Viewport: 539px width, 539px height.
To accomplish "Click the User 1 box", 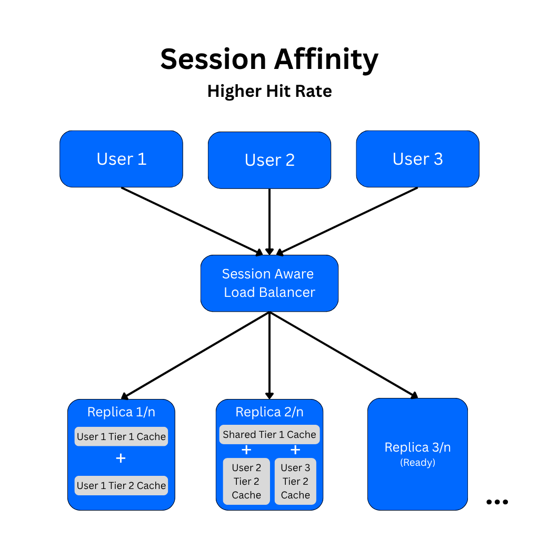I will tap(121, 159).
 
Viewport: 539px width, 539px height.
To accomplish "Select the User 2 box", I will tap(269, 160).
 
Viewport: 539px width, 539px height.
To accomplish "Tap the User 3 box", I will tap(417, 159).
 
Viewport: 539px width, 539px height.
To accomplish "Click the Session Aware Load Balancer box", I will tap(269, 283).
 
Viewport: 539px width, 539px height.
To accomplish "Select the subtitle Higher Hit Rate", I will tap(269, 91).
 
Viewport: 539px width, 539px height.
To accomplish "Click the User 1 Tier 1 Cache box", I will tap(121, 436).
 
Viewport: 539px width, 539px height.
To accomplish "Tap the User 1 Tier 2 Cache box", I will tap(121, 485).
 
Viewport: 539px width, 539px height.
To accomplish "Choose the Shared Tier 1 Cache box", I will tap(269, 434).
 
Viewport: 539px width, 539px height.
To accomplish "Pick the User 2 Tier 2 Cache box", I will tap(246, 481).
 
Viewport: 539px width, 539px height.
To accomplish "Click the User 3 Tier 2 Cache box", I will tap(295, 481).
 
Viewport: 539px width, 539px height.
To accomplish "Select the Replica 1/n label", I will tap(121, 412).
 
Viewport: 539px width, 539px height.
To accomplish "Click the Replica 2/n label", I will tap(269, 412).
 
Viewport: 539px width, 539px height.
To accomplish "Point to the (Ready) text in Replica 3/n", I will tap(417, 463).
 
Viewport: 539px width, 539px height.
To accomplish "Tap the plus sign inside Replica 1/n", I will tap(121, 458).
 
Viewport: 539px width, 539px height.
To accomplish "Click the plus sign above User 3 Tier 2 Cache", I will tap(295, 450).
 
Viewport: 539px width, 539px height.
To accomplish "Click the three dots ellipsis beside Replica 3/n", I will tap(497, 502).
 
